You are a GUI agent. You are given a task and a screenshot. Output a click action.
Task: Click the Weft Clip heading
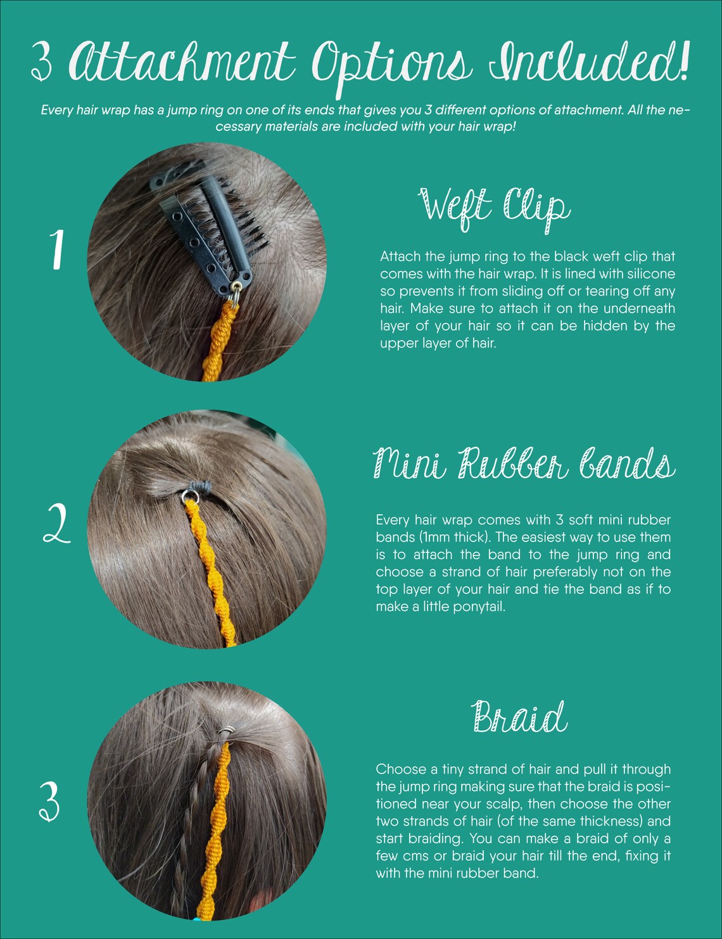[x=494, y=209]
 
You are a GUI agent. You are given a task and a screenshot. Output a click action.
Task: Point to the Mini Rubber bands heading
[x=524, y=463]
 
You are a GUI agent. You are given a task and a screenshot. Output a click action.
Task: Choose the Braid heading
[x=519, y=716]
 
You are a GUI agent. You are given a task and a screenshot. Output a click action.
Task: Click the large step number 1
[x=57, y=249]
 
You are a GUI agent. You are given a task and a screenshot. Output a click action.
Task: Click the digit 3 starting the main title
[x=42, y=62]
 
